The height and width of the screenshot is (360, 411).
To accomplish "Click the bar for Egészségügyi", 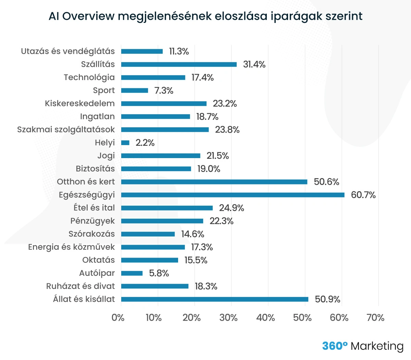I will click(x=233, y=195).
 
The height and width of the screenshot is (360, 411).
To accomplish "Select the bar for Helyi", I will click(x=125, y=143).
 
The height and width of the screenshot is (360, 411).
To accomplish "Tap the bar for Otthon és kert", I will click(x=214, y=182).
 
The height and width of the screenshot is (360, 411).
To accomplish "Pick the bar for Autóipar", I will click(x=132, y=273).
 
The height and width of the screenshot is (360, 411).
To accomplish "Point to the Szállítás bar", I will click(x=179, y=64).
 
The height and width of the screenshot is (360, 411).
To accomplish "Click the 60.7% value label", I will click(x=363, y=195).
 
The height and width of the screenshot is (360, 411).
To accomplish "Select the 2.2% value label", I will click(x=145, y=143).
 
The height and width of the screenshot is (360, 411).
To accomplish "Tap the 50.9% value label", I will click(x=327, y=299).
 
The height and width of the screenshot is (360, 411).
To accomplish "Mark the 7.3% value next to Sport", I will click(x=164, y=91).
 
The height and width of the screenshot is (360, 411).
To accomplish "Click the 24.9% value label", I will click(x=232, y=208).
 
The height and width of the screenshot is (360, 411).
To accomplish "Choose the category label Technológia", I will click(x=89, y=77).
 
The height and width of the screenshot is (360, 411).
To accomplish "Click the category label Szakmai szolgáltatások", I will click(x=66, y=130).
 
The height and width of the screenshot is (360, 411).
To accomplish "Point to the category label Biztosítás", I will click(x=95, y=169).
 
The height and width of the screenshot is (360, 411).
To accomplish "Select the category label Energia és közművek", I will click(x=71, y=247).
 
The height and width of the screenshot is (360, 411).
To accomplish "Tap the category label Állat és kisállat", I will click(x=84, y=299).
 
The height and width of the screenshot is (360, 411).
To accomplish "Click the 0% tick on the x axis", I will click(x=118, y=318).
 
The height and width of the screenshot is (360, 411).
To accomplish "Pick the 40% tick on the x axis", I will click(x=265, y=318).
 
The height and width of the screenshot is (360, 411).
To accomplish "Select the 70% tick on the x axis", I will click(x=375, y=318).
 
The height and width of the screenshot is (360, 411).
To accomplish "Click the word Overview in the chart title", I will click(x=89, y=16).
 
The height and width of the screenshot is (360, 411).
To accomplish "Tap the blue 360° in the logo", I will click(x=335, y=346).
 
